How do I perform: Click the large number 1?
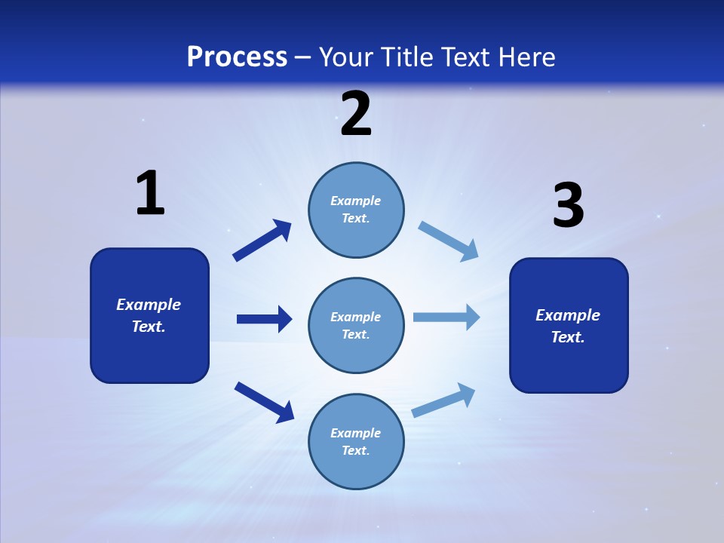click(x=150, y=193)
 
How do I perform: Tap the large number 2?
click(x=356, y=114)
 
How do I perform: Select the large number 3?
click(x=568, y=206)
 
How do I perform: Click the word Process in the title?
click(x=237, y=57)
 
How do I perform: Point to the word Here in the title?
click(x=526, y=57)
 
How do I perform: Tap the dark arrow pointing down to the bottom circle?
click(x=264, y=401)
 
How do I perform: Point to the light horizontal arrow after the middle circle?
click(x=446, y=318)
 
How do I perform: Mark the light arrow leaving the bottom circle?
click(x=443, y=400)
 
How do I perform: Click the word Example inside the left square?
click(x=149, y=305)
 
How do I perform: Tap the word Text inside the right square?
click(x=568, y=337)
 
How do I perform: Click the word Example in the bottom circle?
click(x=356, y=433)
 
